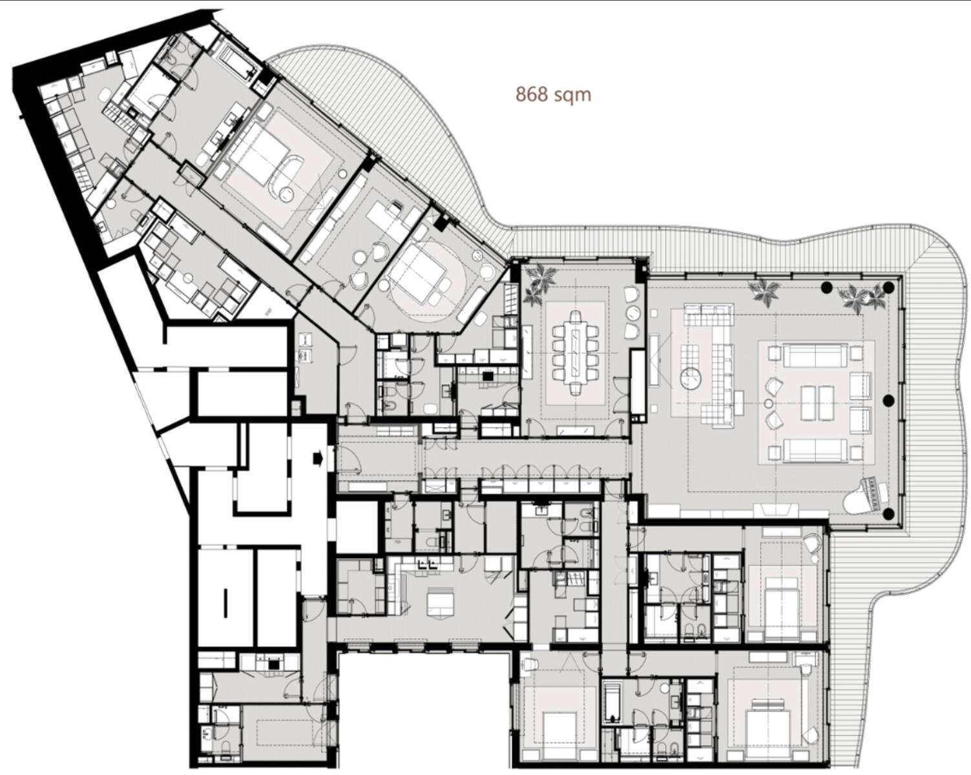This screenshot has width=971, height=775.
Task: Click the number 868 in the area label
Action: click(x=532, y=94)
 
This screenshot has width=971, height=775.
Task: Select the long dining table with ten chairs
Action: click(x=576, y=353)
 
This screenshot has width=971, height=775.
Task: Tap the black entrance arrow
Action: click(x=318, y=459)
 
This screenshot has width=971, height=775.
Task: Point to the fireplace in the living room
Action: click(x=774, y=510)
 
